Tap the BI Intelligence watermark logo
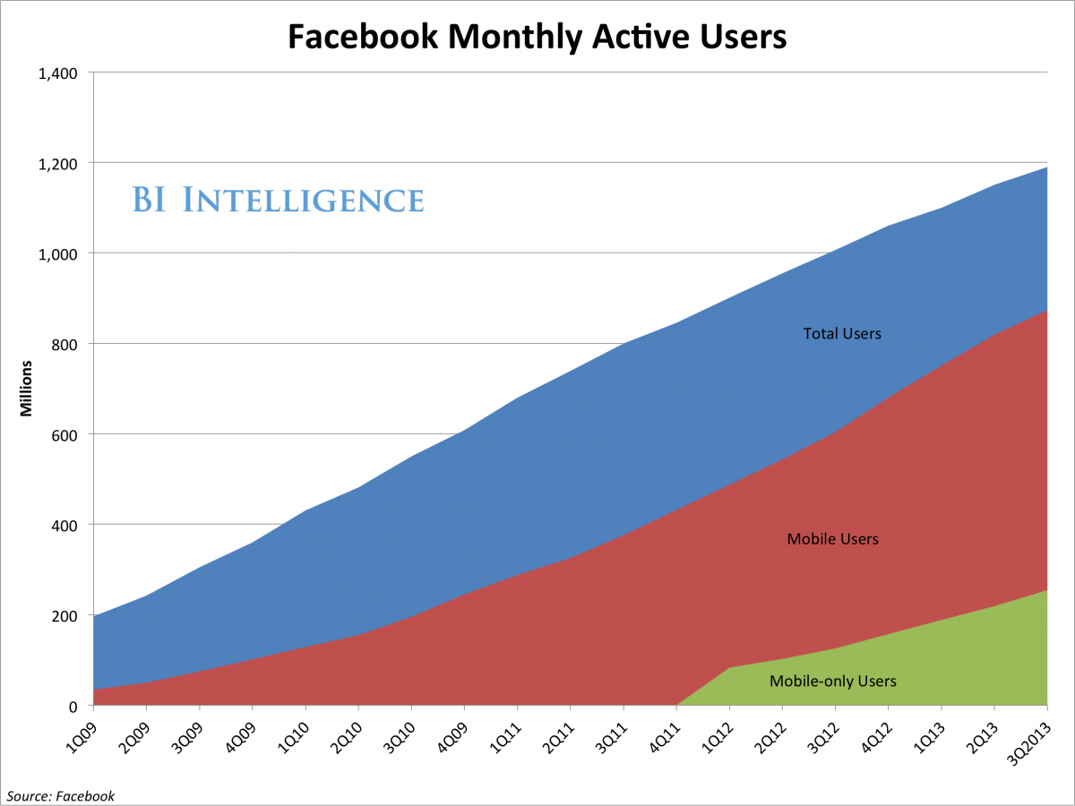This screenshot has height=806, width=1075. coord(278,200)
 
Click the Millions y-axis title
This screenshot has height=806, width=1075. coord(27,389)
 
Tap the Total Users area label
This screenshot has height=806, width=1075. coord(842,334)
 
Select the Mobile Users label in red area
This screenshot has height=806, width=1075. coord(832,540)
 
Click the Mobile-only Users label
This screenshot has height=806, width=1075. coord(832,682)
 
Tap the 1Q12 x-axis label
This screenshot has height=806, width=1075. coord(718,732)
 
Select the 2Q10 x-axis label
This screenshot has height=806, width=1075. coord(348,732)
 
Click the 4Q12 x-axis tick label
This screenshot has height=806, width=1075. coord(877,732)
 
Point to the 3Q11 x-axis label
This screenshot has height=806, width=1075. coord(613,732)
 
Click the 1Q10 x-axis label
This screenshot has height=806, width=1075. coord(295,732)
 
